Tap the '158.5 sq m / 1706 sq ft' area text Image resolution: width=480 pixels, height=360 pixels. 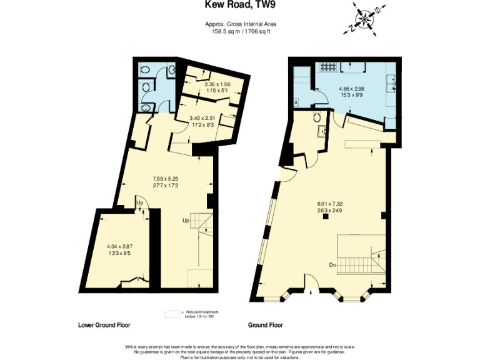(x=240, y=31)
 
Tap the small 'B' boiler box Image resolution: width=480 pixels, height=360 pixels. (x=295, y=101)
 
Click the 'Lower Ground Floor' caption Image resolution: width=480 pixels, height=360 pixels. (x=104, y=326)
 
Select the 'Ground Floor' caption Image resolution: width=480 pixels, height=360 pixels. (x=266, y=326)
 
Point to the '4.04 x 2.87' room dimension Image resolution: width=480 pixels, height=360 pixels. (x=120, y=247)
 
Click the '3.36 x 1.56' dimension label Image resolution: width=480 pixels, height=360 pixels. (x=200, y=85)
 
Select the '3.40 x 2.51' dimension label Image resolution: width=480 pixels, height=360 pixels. (x=203, y=117)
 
